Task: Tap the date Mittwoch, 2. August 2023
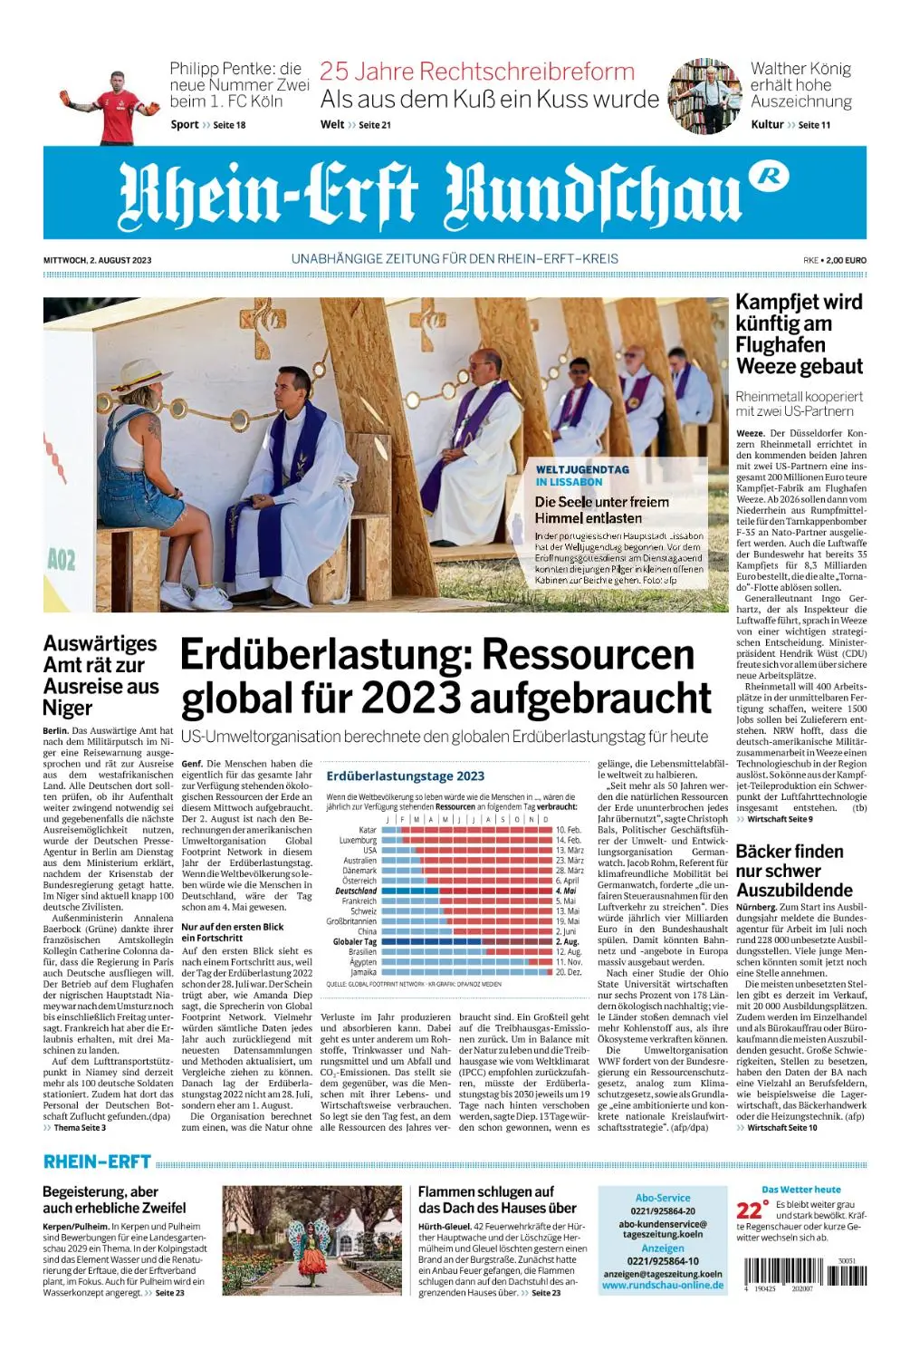(x=97, y=260)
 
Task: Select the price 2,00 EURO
(x=845, y=260)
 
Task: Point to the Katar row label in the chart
(x=368, y=830)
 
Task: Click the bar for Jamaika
(x=466, y=972)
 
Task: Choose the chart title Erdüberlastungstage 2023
(x=405, y=776)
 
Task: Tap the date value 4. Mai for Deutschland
(x=566, y=891)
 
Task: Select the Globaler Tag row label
(x=355, y=941)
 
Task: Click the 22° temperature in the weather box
(x=752, y=1210)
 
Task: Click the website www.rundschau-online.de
(x=663, y=1285)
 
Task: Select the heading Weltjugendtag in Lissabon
(x=581, y=476)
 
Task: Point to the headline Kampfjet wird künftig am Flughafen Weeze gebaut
(x=799, y=334)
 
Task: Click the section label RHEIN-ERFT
(x=96, y=1162)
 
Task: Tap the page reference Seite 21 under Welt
(x=375, y=125)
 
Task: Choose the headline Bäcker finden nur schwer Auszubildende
(x=793, y=871)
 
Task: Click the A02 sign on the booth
(x=62, y=560)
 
